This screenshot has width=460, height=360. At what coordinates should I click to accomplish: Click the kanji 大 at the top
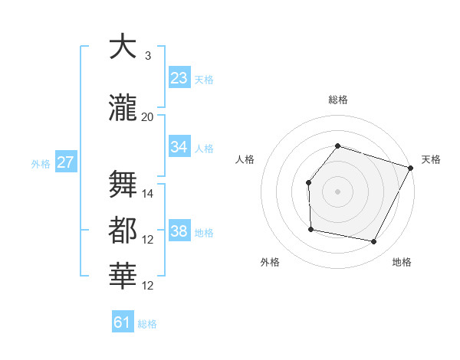[123, 48]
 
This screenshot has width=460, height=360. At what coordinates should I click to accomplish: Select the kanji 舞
[123, 183]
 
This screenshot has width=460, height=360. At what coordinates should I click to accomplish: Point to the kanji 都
[123, 230]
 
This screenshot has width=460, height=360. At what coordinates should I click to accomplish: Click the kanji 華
[123, 276]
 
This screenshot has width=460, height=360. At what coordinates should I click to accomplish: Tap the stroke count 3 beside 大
[148, 56]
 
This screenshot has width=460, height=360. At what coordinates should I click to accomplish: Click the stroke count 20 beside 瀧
[148, 116]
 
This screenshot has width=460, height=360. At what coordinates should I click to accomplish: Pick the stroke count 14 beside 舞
[148, 193]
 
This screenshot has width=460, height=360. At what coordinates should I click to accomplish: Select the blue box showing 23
[179, 78]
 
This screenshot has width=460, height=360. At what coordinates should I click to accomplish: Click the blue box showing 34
[179, 147]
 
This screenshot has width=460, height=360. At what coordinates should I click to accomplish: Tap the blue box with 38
[179, 231]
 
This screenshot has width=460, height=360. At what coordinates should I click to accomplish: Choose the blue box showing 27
[66, 162]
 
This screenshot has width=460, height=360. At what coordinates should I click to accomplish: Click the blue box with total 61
[123, 322]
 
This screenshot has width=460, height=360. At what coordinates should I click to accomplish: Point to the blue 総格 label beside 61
[147, 324]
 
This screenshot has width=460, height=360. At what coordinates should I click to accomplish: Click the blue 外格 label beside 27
[41, 163]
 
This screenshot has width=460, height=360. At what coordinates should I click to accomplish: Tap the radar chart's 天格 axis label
[431, 159]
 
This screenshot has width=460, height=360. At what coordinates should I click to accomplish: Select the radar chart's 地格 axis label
[402, 263]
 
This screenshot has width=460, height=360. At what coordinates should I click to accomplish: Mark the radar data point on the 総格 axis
[337, 146]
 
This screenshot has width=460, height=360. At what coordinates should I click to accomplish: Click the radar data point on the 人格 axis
[307, 182]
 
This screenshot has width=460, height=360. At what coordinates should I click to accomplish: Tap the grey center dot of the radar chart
[337, 191]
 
